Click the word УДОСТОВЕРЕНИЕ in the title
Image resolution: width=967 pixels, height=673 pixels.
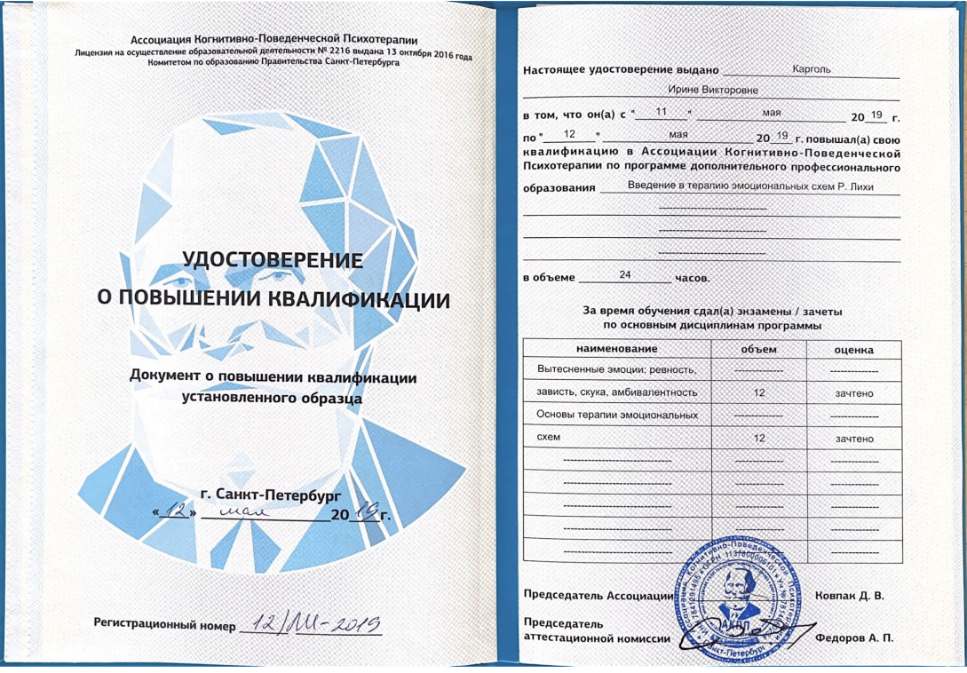273,260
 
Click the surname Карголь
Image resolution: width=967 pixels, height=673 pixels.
811,69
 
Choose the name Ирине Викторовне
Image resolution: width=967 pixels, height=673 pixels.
712,90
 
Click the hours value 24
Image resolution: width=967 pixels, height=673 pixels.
624,275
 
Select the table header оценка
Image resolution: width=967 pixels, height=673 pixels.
853,350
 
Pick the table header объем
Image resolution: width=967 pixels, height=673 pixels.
758,350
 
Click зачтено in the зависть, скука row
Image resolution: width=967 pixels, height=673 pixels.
853,392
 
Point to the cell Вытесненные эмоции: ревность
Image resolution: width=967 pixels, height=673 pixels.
616,369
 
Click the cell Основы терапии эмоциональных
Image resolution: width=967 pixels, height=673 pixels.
618,415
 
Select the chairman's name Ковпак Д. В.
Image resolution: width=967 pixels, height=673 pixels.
849,595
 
